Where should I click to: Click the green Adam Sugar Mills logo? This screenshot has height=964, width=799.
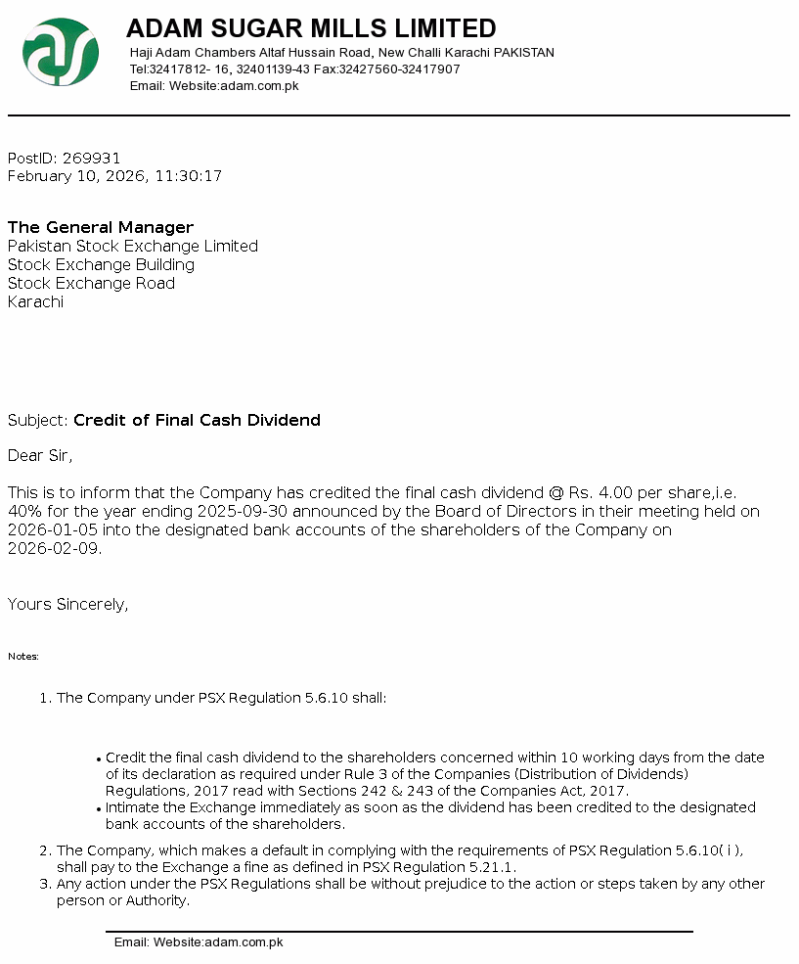point(61,52)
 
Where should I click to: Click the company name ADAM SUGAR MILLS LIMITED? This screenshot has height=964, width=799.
point(311,28)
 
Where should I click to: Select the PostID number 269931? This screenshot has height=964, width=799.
point(91,159)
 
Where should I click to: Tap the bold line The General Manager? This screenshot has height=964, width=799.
point(101,228)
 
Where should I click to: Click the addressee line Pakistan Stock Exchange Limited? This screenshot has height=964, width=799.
point(133,247)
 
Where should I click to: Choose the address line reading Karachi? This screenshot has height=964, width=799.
point(35,302)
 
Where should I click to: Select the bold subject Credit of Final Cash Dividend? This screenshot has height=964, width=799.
point(197,421)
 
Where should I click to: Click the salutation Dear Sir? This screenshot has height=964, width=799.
point(40,455)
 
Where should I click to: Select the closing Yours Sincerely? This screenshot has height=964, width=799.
point(68,605)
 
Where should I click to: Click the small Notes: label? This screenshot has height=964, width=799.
point(23,657)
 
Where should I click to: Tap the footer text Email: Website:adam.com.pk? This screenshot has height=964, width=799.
point(199,942)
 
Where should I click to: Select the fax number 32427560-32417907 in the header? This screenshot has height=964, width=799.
point(399,69)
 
